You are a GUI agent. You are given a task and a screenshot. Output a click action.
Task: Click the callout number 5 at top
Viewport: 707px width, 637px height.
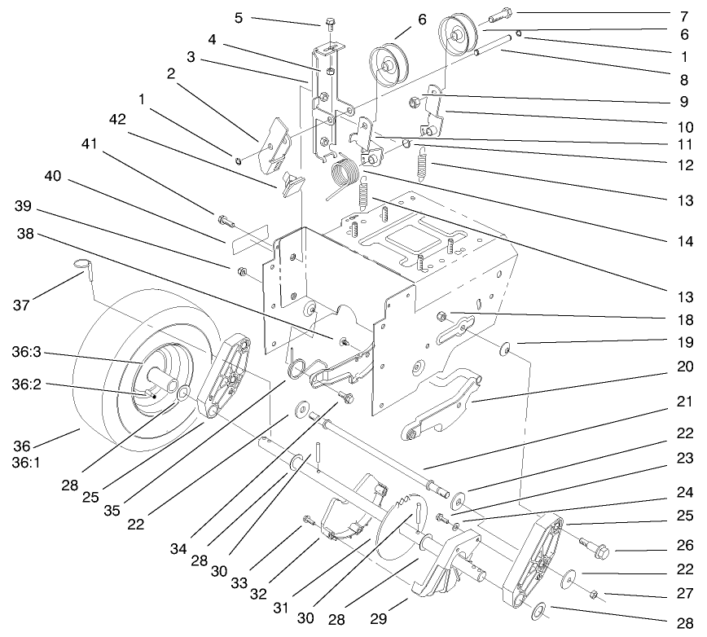click(x=239, y=17)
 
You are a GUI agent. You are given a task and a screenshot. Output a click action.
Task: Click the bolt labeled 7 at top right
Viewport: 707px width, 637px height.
click(x=499, y=14)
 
